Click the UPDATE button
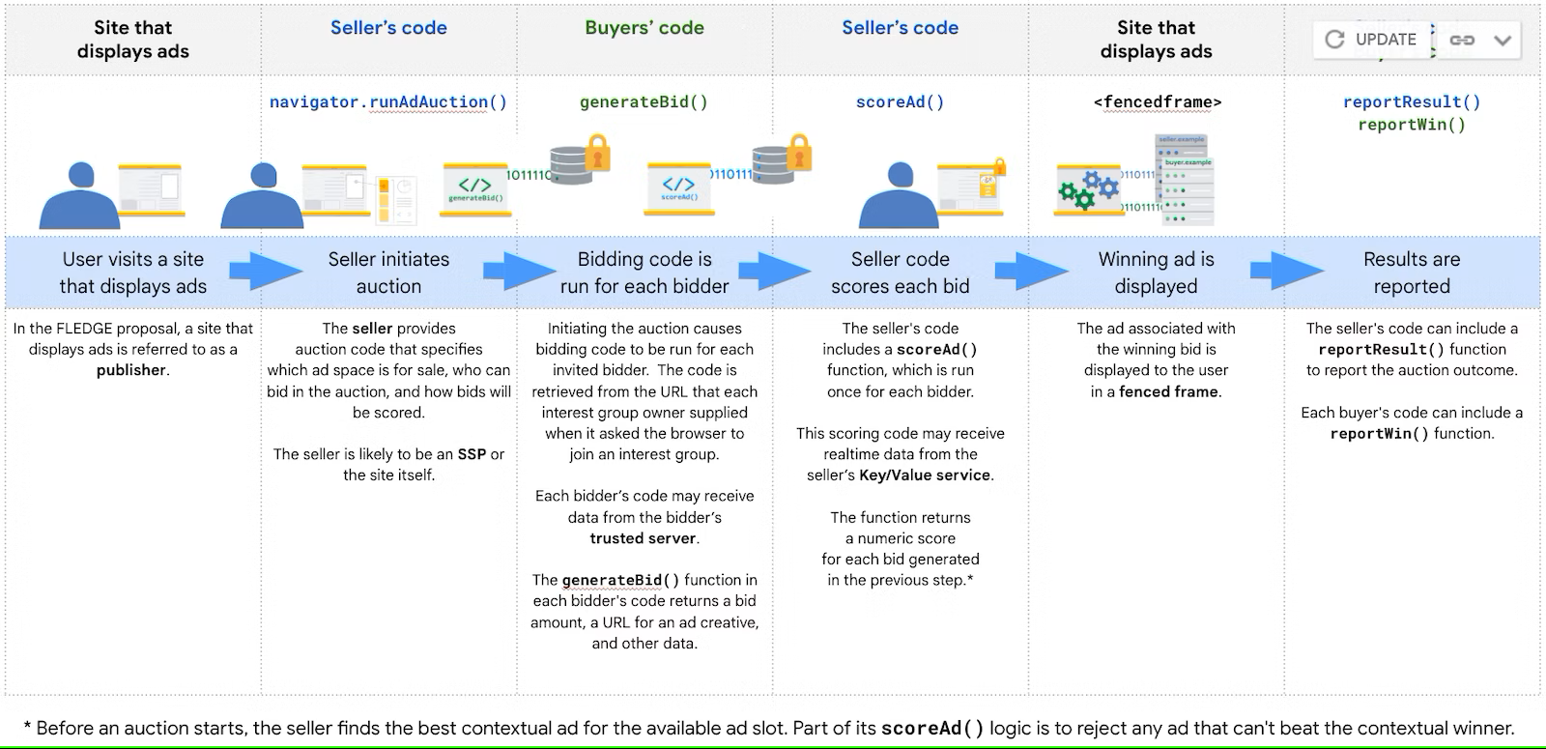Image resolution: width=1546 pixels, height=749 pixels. coord(1372,40)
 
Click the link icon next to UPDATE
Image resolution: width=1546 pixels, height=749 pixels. coord(1461,40)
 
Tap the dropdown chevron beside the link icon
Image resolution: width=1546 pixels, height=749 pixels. coord(1503,40)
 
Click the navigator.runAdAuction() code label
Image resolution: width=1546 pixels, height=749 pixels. coord(387,101)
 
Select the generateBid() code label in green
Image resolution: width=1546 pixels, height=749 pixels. coord(644,101)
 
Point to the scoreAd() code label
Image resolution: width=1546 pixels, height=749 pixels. coord(900,101)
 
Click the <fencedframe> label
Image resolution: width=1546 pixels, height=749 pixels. coord(1157,101)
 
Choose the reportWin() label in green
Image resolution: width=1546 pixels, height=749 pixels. coord(1411,124)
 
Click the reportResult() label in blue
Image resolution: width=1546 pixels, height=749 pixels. coord(1411,101)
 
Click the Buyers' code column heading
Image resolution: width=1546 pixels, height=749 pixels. coord(644,27)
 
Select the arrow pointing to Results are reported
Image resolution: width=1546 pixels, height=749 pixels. coord(1285,272)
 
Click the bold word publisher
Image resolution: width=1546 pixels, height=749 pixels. coord(131,370)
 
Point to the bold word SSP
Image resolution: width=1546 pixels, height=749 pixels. coord(472,454)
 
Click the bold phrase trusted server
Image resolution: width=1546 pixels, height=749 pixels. coord(643,538)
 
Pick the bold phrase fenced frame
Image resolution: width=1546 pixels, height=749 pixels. coord(1169,391)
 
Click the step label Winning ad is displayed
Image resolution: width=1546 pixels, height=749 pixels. coord(1156,273)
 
